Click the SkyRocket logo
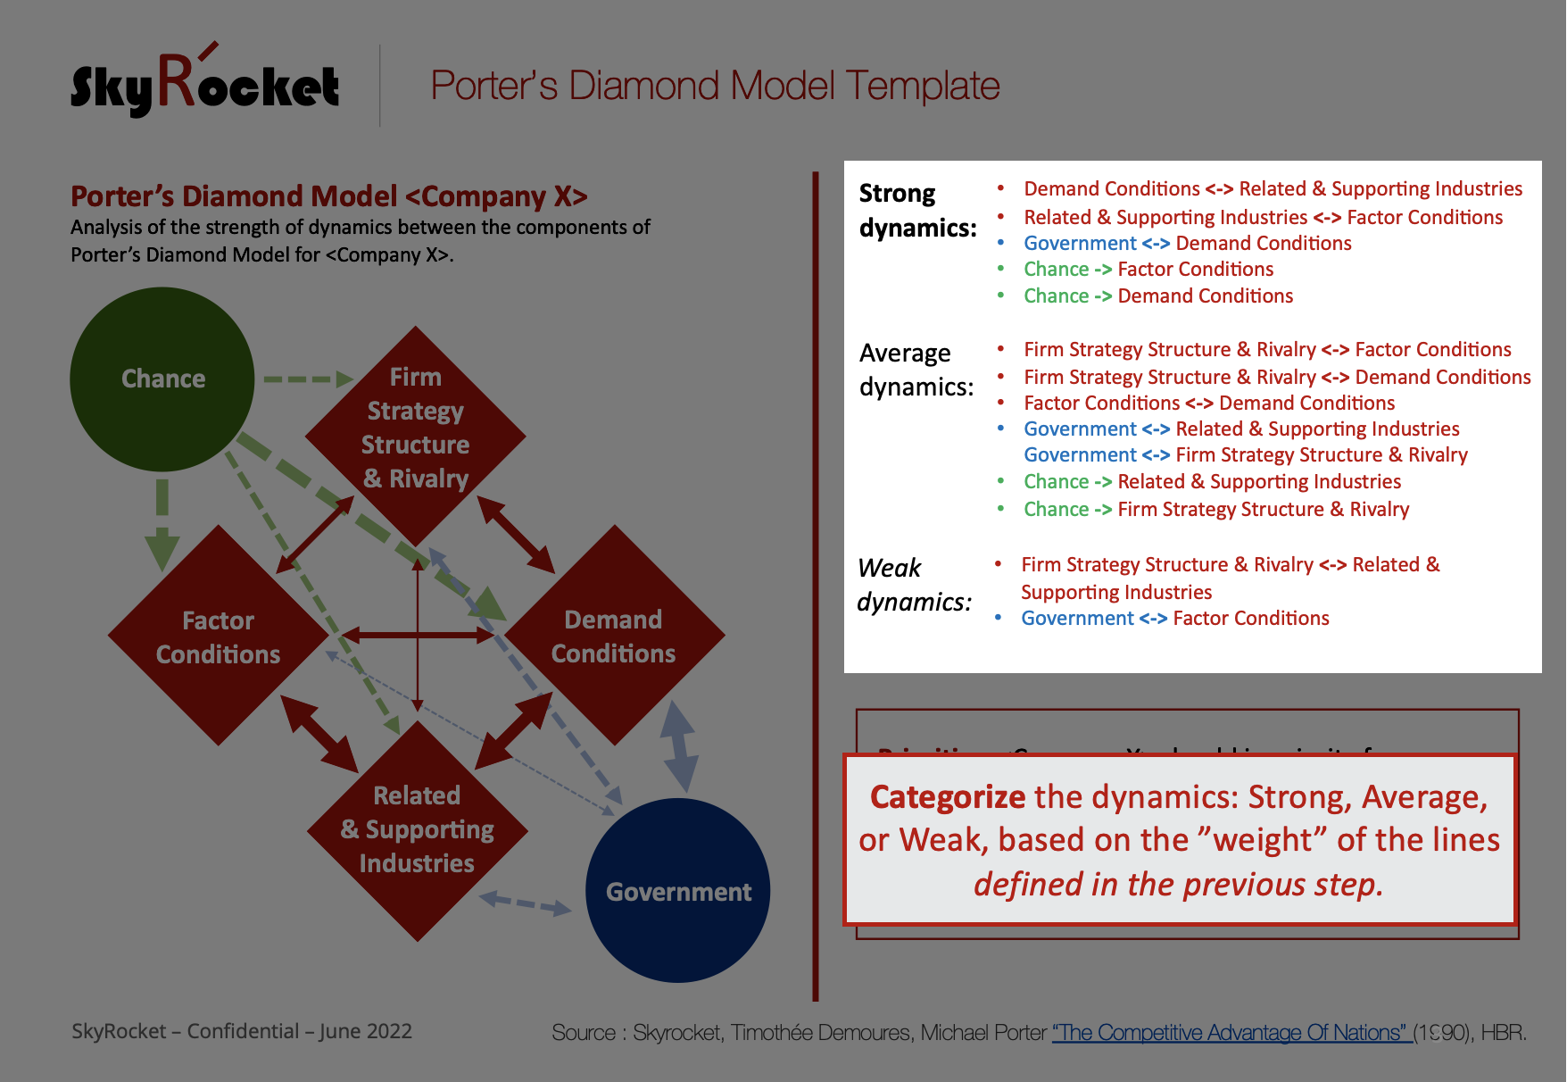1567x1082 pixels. [204, 86]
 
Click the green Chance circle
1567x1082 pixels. [162, 379]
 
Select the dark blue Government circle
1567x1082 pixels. [678, 891]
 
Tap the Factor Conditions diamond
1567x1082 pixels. [218, 637]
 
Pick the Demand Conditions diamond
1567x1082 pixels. [614, 636]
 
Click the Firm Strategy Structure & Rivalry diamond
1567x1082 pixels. [416, 428]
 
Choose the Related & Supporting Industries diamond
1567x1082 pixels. [417, 829]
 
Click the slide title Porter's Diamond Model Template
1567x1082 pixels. [715, 86]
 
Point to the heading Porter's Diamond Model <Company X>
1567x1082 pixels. [329, 196]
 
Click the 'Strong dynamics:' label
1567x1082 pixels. [916, 210]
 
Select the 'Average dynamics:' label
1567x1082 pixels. [916, 369]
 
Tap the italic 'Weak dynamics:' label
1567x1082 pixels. [913, 585]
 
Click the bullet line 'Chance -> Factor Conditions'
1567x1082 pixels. [1148, 270]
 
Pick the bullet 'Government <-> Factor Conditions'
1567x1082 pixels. [1174, 618]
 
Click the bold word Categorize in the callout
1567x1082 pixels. [948, 796]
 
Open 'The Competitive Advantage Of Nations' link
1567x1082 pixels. [1231, 1032]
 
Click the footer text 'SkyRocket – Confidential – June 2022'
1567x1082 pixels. [242, 1031]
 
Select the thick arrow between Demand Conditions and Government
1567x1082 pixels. [679, 746]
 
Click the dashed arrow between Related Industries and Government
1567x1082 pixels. [526, 903]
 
